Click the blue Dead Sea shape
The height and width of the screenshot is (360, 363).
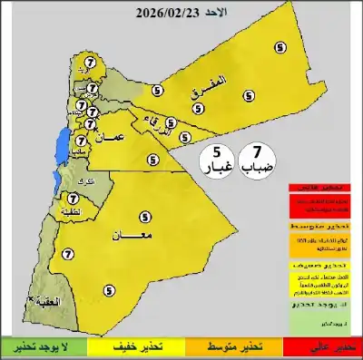coord(61,145)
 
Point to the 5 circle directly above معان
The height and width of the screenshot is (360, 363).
coord(145,217)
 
